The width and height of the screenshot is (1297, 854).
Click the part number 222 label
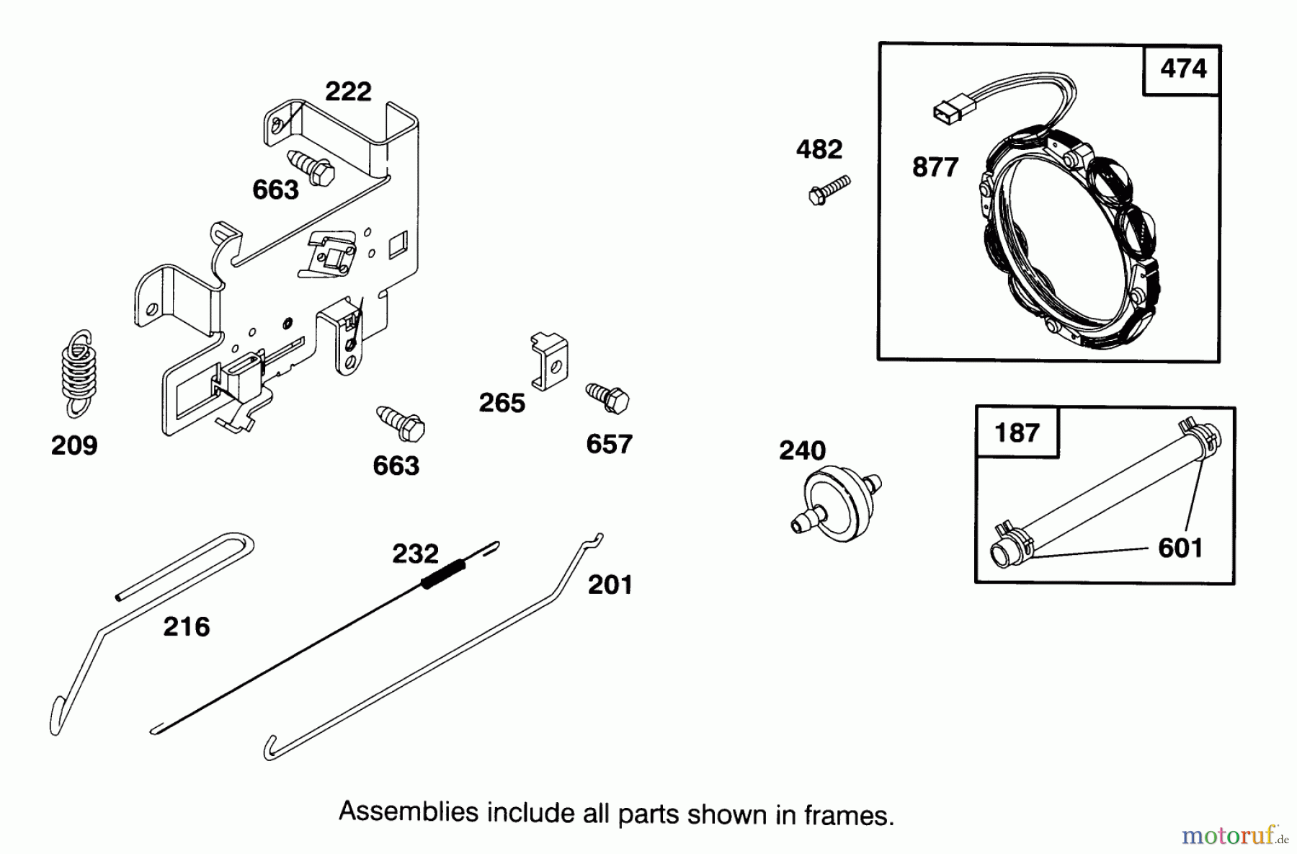coord(348,92)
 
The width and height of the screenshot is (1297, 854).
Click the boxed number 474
coord(1183,69)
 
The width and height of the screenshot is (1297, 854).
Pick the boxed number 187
coord(1017,433)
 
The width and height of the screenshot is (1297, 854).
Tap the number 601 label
coord(1180,548)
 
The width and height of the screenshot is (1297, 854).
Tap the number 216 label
coord(187,627)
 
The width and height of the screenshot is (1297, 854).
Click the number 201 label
coord(610,584)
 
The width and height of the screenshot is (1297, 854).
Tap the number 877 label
coord(935,167)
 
